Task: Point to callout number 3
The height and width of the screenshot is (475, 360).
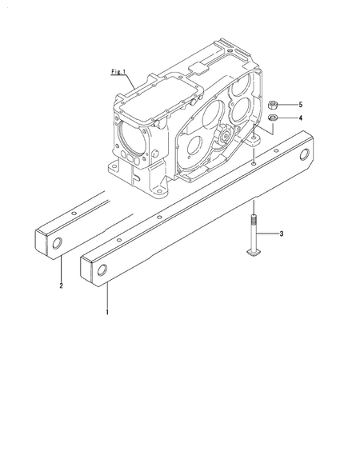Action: tap(282, 234)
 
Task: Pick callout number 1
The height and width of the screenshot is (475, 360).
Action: tap(107, 309)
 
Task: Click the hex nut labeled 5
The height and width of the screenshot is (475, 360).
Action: tap(273, 105)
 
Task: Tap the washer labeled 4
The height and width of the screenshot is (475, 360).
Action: tap(273, 119)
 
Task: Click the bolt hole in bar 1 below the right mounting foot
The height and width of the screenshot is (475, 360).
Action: tap(253, 162)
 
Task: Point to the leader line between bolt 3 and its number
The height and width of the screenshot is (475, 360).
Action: tap(266, 234)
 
